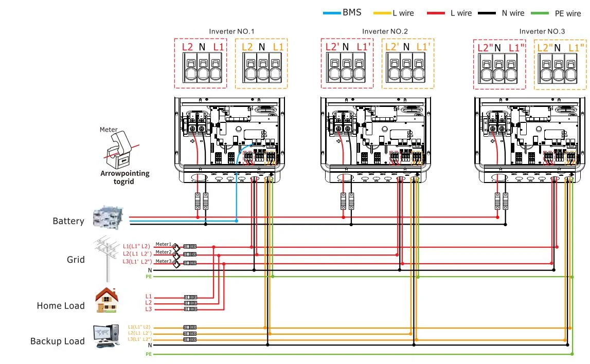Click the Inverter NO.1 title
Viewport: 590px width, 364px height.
[231, 31]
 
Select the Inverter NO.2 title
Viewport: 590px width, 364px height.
[385, 31]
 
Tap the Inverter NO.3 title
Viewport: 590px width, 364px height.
[542, 31]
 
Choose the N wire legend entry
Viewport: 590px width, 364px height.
[508, 13]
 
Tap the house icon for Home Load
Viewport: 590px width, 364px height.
[107, 300]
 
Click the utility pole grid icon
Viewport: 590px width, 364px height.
[106, 257]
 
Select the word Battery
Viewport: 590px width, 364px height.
[68, 221]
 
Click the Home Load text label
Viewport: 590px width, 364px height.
[60, 306]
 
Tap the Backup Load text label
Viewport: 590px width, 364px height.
[57, 341]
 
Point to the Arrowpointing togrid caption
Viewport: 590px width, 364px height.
[124, 177]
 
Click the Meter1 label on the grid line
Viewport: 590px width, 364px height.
[163, 244]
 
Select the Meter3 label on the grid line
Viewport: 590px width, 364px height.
[163, 261]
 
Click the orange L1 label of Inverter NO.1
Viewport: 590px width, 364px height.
[278, 47]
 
